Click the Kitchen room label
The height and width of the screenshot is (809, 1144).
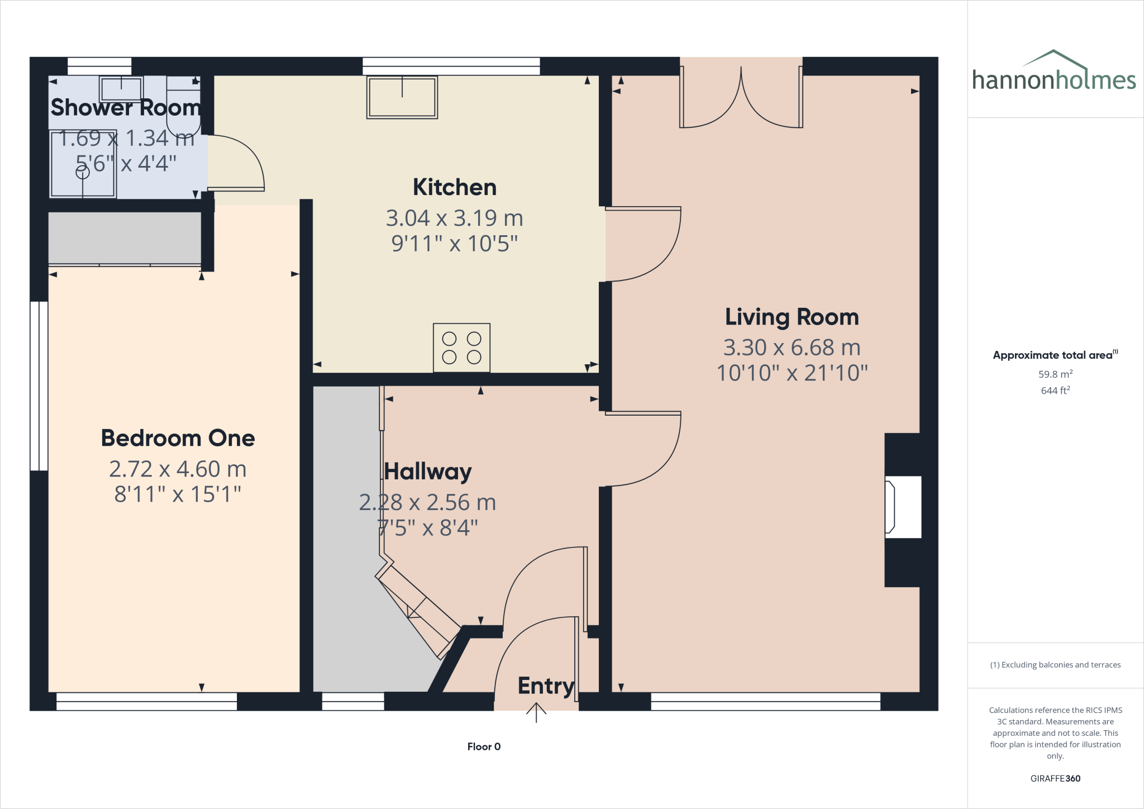tap(454, 187)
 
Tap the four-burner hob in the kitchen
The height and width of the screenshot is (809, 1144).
tap(461, 348)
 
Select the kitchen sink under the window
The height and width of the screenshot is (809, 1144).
tap(402, 97)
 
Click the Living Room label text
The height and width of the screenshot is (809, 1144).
tap(792, 317)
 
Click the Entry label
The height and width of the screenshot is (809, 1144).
tap(546, 686)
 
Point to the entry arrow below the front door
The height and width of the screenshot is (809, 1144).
tap(536, 712)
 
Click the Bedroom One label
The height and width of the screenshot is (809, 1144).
tap(178, 438)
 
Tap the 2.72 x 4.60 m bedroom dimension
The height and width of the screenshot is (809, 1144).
tap(178, 469)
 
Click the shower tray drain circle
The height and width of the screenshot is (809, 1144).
tap(83, 173)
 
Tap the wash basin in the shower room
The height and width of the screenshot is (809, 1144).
tap(121, 89)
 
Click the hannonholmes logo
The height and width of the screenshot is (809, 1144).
tap(1054, 73)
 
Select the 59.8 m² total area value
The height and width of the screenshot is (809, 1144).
tap(1055, 374)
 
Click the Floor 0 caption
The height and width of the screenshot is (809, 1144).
tap(484, 746)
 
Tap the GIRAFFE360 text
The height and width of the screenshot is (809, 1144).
tap(1055, 778)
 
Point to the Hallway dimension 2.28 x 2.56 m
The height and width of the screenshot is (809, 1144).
tap(427, 502)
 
